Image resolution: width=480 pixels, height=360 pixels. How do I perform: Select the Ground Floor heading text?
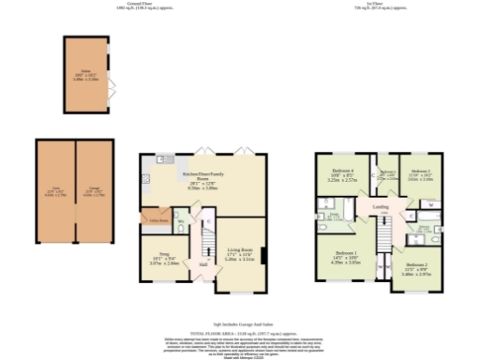(x=127, y=5)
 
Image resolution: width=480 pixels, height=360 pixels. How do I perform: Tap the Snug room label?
(x=160, y=258)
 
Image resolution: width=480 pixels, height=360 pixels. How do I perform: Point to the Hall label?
(x=202, y=263)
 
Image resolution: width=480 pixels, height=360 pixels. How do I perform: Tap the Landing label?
(x=380, y=207)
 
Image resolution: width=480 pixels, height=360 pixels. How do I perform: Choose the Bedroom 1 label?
(x=343, y=256)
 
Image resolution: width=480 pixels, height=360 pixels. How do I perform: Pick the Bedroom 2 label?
(x=417, y=269)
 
